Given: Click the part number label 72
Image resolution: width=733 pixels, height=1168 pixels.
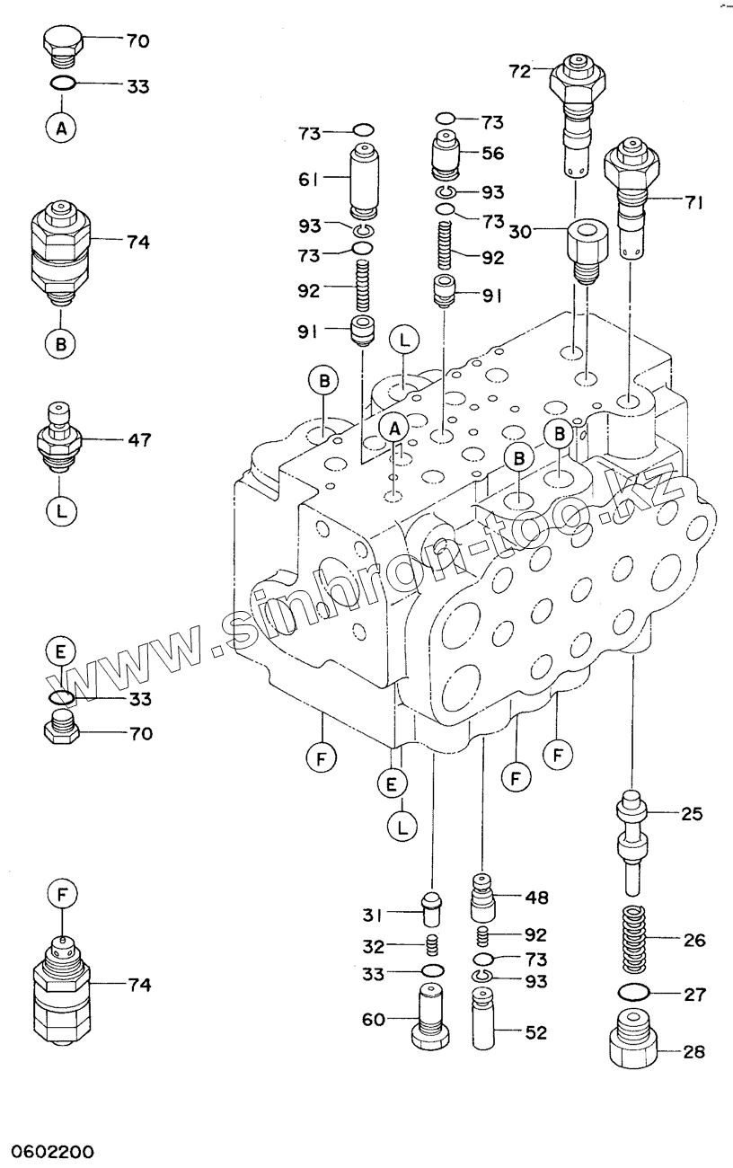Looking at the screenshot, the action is click(x=519, y=71).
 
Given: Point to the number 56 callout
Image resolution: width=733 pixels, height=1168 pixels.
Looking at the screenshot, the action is click(x=492, y=154).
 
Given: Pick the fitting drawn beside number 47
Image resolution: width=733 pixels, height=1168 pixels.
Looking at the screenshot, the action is click(x=58, y=437).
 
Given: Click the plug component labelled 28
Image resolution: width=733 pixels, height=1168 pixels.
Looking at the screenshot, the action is click(x=632, y=1037).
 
